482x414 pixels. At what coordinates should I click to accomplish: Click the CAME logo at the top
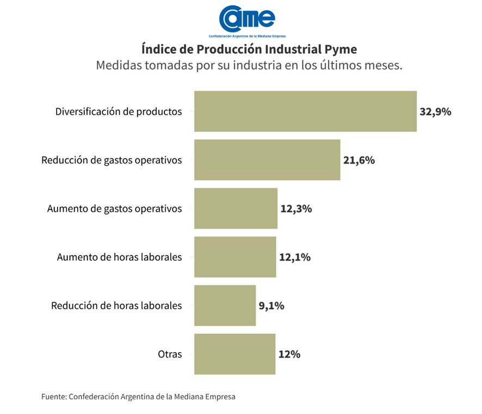click(x=248, y=20)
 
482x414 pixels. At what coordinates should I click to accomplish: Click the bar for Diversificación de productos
click(x=305, y=111)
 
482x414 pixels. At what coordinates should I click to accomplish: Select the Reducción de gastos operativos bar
click(x=267, y=160)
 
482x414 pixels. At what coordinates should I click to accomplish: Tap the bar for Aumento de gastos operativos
click(x=236, y=208)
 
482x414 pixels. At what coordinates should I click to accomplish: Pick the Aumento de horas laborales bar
click(x=235, y=257)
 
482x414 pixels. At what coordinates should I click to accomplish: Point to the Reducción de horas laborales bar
click(x=225, y=305)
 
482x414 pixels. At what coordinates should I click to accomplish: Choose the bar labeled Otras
click(x=234, y=354)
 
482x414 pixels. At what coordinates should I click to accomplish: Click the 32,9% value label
click(x=435, y=112)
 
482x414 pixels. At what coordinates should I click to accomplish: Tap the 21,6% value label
click(x=359, y=160)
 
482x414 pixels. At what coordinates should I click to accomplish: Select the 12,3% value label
click(x=296, y=209)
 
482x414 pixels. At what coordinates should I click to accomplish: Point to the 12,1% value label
click(x=295, y=257)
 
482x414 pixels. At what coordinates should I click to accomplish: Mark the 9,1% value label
click(x=271, y=305)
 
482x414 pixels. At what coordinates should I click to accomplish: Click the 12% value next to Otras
click(x=289, y=354)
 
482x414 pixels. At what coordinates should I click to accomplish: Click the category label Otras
click(x=170, y=354)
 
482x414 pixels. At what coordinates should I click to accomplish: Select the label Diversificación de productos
click(x=119, y=112)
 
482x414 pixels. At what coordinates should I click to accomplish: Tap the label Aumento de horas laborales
click(x=119, y=257)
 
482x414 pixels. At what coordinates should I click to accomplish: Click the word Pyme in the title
click(x=341, y=49)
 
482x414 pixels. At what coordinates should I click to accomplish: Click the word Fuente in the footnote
click(x=53, y=397)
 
